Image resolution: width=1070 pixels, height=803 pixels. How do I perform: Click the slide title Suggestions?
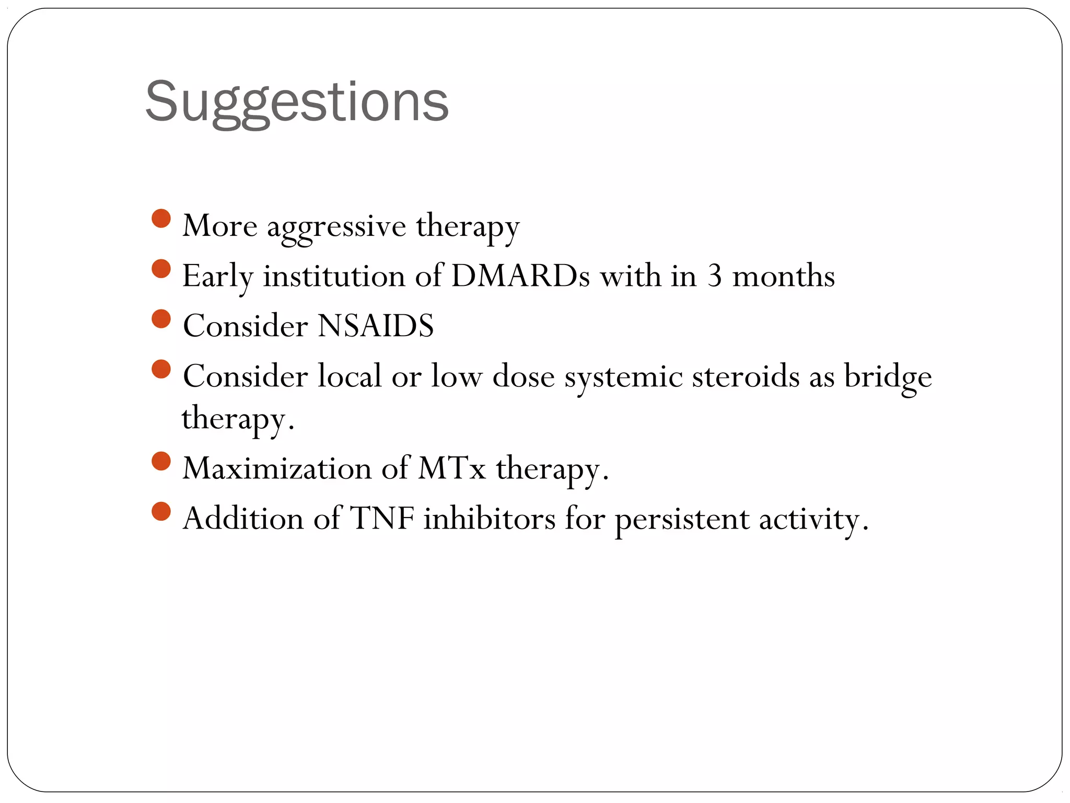[x=297, y=102]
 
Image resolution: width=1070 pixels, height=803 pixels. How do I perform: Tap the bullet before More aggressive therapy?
[x=161, y=219]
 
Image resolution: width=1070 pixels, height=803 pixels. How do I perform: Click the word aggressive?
[x=336, y=226]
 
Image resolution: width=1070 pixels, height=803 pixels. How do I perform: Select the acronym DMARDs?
[x=520, y=276]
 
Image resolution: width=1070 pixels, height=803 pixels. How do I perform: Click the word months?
[x=783, y=276]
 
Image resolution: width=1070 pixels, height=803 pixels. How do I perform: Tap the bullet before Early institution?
[x=161, y=269]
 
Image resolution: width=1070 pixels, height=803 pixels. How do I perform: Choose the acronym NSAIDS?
[x=376, y=326]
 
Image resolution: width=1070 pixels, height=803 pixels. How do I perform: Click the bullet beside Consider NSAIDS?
[x=161, y=319]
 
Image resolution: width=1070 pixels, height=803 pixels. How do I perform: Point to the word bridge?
[x=888, y=376]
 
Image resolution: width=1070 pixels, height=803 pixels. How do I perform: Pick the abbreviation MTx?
[x=452, y=468]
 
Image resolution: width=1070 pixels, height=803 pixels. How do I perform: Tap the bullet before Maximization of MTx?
[x=161, y=461]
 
